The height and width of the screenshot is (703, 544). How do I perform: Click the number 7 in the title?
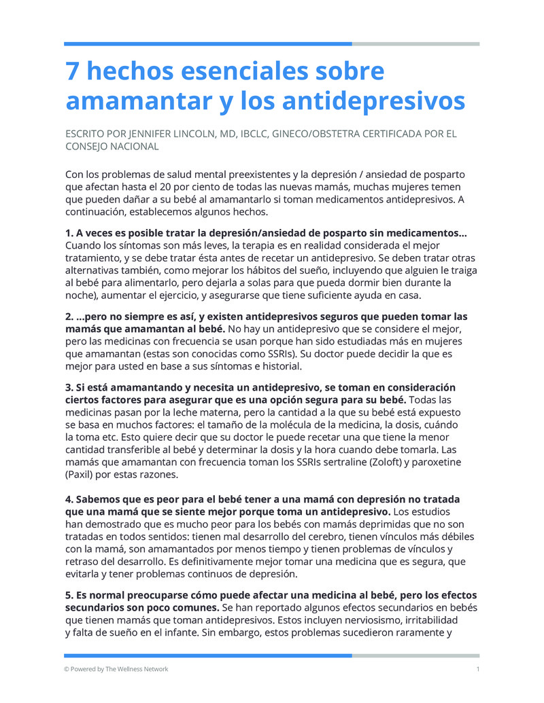click(72, 71)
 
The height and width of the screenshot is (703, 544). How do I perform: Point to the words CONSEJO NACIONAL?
click(112, 146)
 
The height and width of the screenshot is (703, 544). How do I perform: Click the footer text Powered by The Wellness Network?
click(119, 669)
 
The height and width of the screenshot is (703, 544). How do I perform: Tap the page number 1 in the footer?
click(478, 669)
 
